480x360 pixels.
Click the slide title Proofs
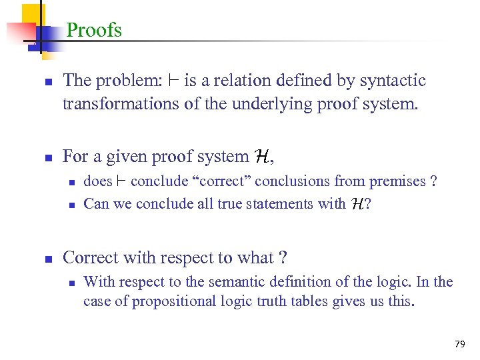(94, 30)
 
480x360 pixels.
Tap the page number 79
(459, 344)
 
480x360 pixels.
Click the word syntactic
(393, 81)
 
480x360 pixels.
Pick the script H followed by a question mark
(357, 204)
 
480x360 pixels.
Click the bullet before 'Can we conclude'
(70, 205)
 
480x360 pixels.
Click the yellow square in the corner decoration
(30, 14)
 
